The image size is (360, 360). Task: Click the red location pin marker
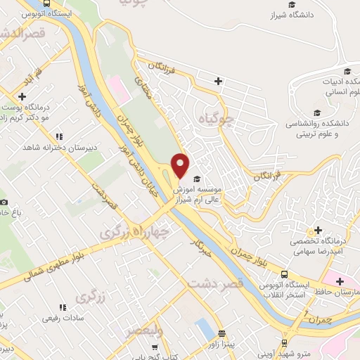(x=181, y=165)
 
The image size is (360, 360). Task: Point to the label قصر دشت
(x=214, y=282)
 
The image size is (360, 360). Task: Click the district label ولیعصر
(x=146, y=330)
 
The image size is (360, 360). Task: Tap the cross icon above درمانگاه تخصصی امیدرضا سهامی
(x=319, y=230)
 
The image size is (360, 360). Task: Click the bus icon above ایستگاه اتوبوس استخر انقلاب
(x=284, y=274)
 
